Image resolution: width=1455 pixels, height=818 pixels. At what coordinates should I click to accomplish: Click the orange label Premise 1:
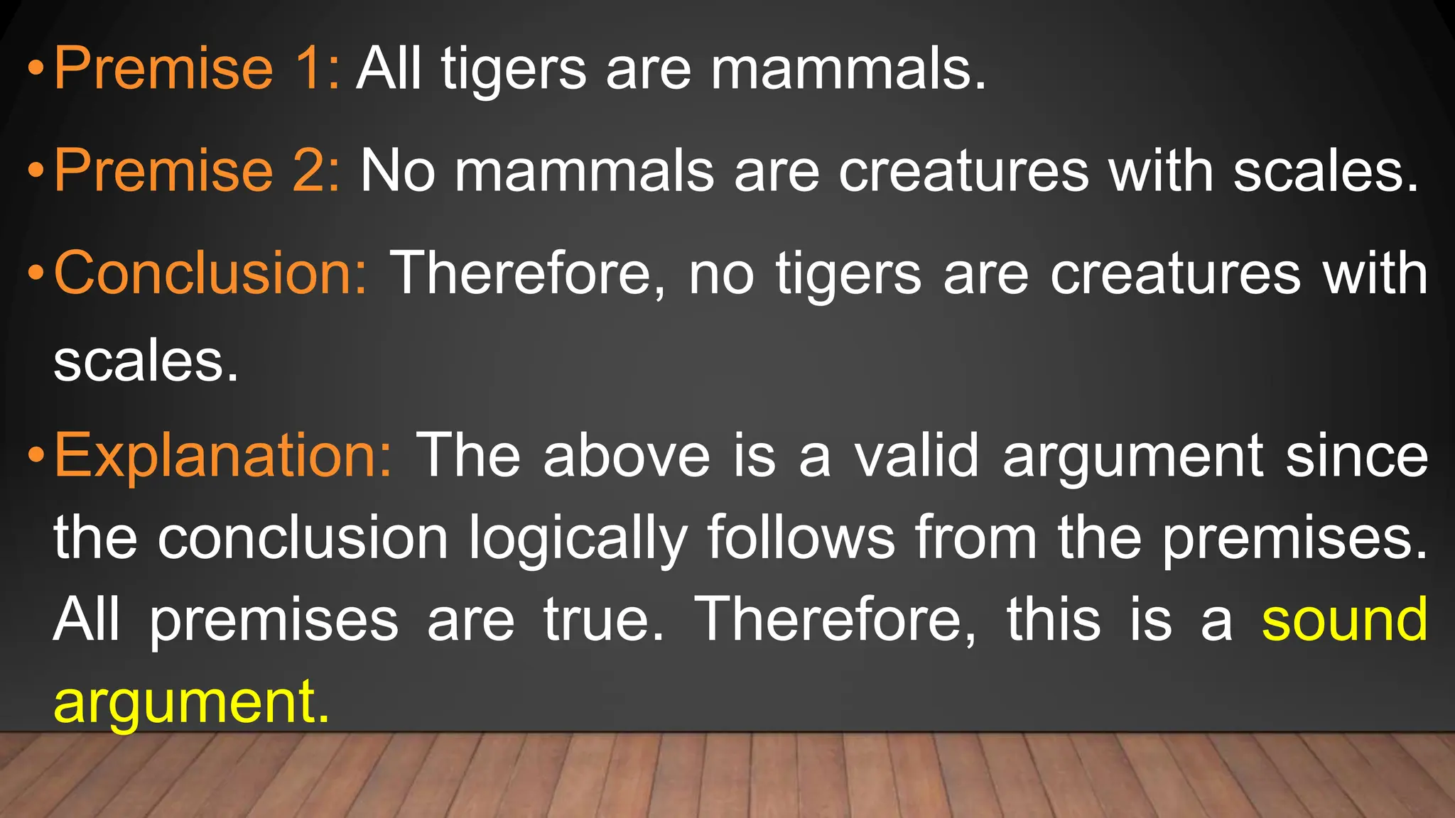tap(197, 68)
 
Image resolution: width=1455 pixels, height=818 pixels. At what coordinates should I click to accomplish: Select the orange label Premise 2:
tap(197, 170)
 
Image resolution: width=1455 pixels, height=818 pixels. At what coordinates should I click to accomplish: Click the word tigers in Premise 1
tap(514, 71)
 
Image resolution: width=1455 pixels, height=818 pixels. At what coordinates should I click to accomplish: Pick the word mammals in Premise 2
tap(584, 172)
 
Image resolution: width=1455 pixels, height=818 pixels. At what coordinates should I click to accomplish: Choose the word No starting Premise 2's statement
tap(397, 172)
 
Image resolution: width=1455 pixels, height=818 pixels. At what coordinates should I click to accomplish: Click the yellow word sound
tap(1344, 619)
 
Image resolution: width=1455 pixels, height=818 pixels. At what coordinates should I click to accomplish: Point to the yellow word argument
tap(191, 703)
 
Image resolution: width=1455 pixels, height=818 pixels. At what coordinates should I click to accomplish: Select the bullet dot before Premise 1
tap(36, 70)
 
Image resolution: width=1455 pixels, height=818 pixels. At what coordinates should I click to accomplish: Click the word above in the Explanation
tap(627, 456)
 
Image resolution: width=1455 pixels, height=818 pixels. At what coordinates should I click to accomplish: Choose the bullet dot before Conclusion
tap(36, 274)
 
